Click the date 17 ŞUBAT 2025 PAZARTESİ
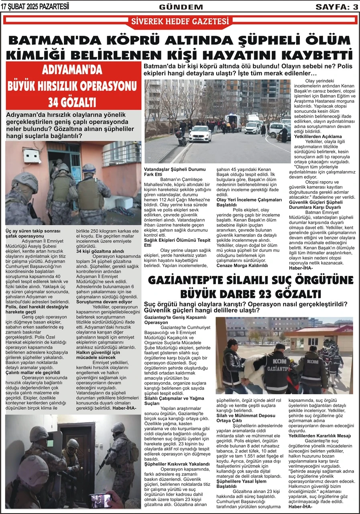(35, 6)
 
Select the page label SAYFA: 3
(337, 7)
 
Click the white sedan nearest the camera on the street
(199, 134)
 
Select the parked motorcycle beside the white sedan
(181, 139)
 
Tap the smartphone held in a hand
(100, 500)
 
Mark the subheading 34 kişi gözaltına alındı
(100, 251)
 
